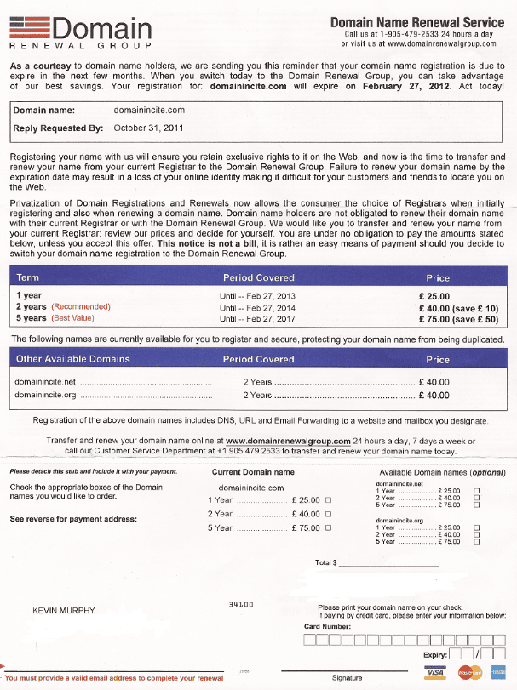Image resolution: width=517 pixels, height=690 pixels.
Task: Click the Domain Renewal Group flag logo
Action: (x=29, y=27)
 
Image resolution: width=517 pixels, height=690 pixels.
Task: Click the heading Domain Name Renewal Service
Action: (x=416, y=22)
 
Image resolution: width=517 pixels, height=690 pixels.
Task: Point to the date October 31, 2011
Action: (x=148, y=128)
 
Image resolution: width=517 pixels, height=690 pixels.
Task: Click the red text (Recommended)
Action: (x=81, y=306)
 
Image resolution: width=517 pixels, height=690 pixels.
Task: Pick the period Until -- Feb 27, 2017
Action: (x=257, y=318)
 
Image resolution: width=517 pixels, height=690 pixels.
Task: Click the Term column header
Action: (x=27, y=277)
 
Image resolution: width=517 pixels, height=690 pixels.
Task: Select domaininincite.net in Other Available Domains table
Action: (x=46, y=382)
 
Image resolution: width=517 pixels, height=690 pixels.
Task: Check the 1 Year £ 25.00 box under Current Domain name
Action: (x=328, y=500)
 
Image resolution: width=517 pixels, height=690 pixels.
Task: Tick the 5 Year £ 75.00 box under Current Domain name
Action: (x=328, y=528)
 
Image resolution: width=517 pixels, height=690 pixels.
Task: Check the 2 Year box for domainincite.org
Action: (x=476, y=534)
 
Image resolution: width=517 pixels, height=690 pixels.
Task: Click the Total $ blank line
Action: (x=388, y=563)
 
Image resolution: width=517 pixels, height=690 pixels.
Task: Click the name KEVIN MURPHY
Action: (x=63, y=611)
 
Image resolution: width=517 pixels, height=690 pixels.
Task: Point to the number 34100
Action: (x=241, y=604)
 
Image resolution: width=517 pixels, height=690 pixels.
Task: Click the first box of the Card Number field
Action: (x=310, y=639)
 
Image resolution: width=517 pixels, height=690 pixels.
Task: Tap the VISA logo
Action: (x=435, y=673)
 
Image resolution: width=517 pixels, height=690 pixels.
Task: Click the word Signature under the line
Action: (x=347, y=678)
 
